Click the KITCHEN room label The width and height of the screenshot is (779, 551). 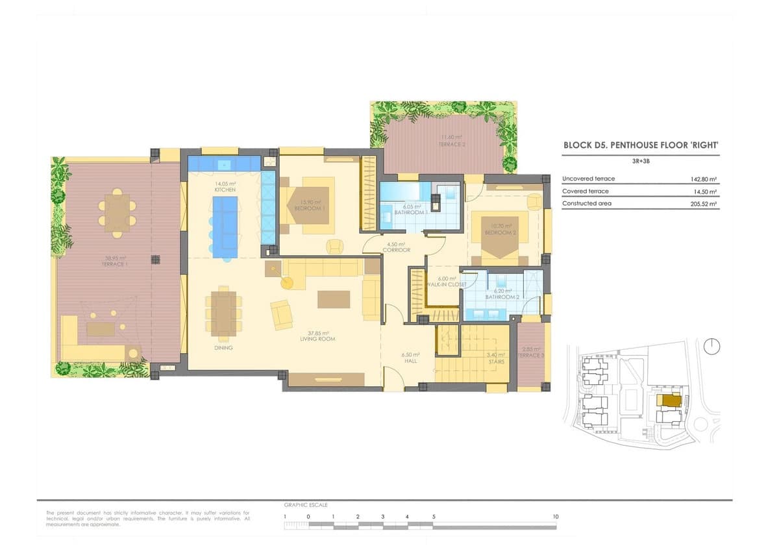pos(225,190)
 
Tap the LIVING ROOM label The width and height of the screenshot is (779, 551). pos(317,339)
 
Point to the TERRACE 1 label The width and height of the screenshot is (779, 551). pos(113,265)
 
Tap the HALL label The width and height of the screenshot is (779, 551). pos(410,361)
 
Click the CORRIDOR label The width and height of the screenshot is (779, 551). pos(396,250)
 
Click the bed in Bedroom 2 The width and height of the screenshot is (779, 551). pos(499,237)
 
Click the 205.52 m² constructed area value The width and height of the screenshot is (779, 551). pos(704,204)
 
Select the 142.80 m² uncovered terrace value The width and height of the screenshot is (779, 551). pos(704,179)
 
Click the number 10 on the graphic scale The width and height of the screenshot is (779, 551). pos(555,517)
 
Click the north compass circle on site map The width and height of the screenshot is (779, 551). pos(711,347)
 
